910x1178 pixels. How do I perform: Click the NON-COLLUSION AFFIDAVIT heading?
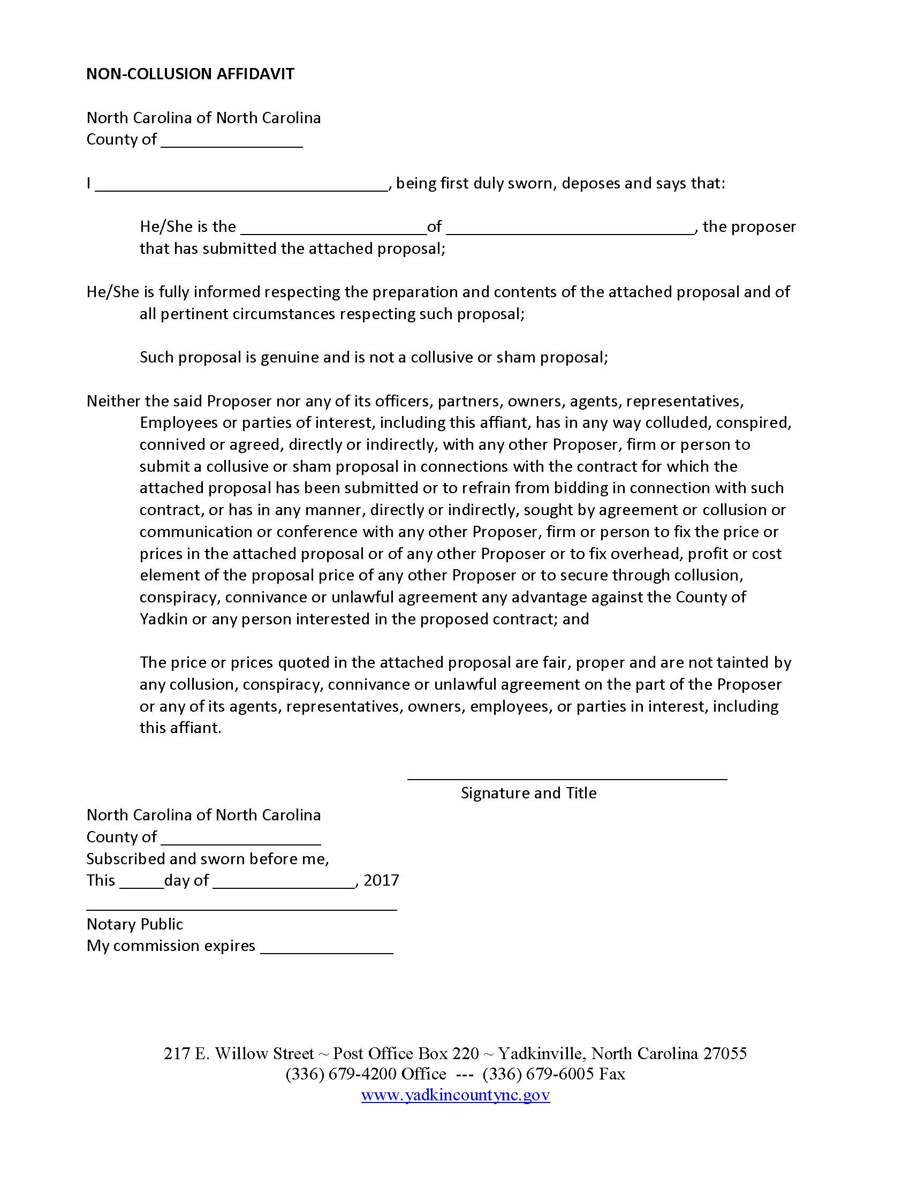click(191, 74)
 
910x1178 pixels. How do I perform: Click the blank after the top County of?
click(232, 141)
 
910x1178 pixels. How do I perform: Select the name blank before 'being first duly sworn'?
click(241, 185)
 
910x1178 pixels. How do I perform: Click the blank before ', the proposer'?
click(570, 228)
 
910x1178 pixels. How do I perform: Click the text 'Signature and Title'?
click(528, 793)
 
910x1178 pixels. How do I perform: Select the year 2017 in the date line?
click(381, 880)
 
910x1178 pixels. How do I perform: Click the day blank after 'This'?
click(141, 882)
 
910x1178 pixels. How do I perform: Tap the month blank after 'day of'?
click(284, 882)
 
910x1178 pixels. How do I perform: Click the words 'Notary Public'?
click(135, 924)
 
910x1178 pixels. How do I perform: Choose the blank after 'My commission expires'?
click(327, 948)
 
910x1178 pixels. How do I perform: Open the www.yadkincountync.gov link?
click(455, 1094)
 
